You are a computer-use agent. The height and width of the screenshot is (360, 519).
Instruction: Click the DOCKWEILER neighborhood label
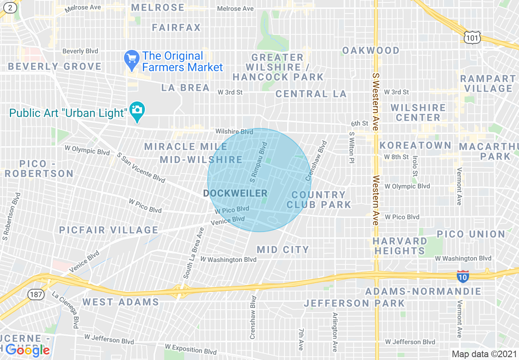(235, 193)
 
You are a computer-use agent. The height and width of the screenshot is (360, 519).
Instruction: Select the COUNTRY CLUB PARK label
(319, 200)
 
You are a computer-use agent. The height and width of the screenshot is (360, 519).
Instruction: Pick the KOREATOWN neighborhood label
(415, 146)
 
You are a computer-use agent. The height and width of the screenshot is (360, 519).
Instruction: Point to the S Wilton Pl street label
(351, 148)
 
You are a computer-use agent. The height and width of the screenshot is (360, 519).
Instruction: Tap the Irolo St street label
(415, 166)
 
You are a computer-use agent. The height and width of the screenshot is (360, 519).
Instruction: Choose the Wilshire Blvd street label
(234, 132)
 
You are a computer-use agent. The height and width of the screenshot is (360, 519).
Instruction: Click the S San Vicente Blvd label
(141, 168)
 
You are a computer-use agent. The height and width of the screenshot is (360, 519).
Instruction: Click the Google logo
(27, 350)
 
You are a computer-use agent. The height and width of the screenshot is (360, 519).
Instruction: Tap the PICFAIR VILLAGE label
(108, 230)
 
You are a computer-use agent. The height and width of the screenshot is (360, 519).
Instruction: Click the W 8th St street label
(396, 157)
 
